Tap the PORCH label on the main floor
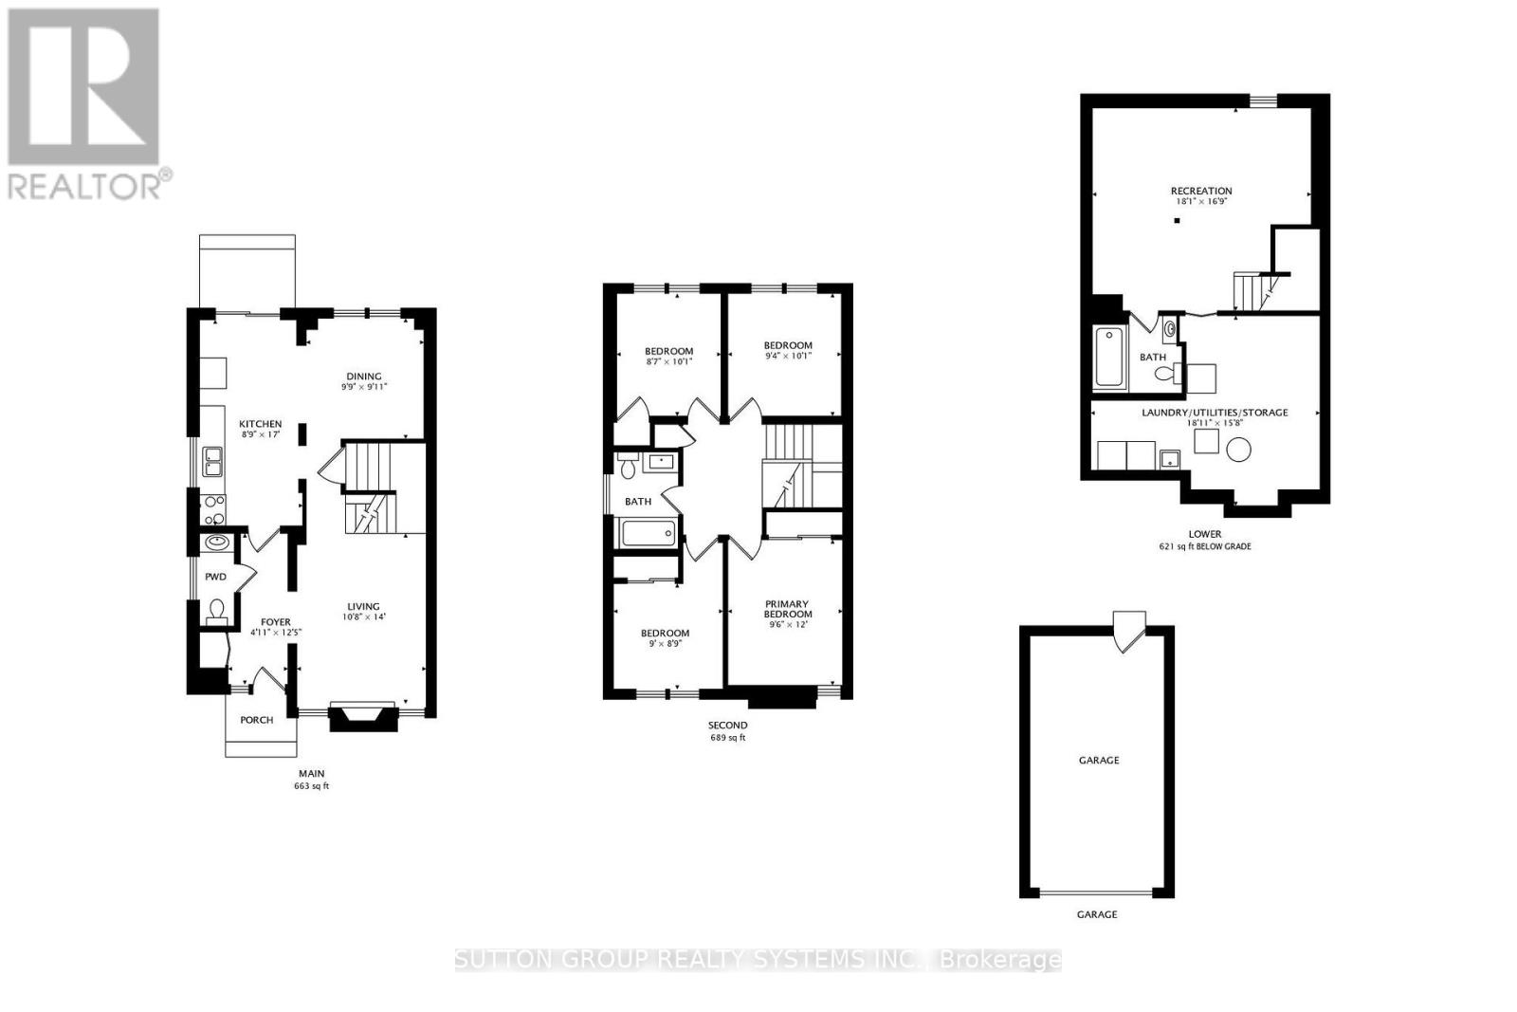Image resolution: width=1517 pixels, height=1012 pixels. [x=256, y=720]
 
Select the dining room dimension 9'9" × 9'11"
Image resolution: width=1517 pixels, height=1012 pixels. [x=364, y=387]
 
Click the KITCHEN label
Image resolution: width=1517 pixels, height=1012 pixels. [x=260, y=424]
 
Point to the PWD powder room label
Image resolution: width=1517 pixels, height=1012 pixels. [x=216, y=577]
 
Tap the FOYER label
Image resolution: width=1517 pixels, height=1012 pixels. [x=276, y=622]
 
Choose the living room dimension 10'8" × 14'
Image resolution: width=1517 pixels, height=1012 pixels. [x=363, y=616]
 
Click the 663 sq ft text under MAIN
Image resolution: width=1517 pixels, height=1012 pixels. [x=311, y=786]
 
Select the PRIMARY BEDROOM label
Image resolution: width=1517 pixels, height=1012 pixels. [x=787, y=609]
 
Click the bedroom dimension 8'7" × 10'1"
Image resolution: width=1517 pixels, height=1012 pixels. [x=668, y=361]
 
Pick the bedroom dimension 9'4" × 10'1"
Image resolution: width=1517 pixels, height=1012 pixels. [x=788, y=357]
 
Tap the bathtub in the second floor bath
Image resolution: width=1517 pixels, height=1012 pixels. [x=648, y=534]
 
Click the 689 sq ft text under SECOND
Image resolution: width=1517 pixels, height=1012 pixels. [x=727, y=738]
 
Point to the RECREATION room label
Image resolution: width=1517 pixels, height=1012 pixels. [x=1201, y=191]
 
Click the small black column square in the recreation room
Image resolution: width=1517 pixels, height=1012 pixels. [x=1176, y=221]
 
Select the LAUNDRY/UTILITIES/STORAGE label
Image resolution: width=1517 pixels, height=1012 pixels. [x=1215, y=413]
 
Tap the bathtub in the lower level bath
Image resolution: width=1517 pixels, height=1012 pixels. [x=1108, y=358]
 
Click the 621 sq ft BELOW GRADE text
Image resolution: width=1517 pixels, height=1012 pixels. [x=1204, y=546]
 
